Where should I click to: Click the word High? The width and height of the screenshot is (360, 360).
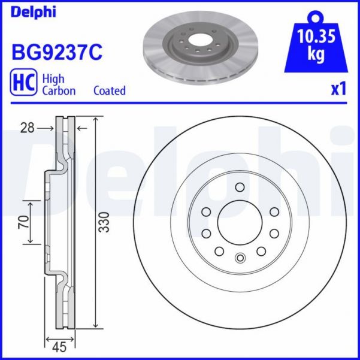click(x=53, y=78)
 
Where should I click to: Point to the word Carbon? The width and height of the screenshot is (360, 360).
click(x=58, y=91)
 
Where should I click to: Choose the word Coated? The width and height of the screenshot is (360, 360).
click(x=110, y=91)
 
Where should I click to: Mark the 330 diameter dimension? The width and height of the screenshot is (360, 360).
click(x=103, y=224)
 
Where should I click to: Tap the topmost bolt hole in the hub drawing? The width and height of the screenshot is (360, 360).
click(x=240, y=187)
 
